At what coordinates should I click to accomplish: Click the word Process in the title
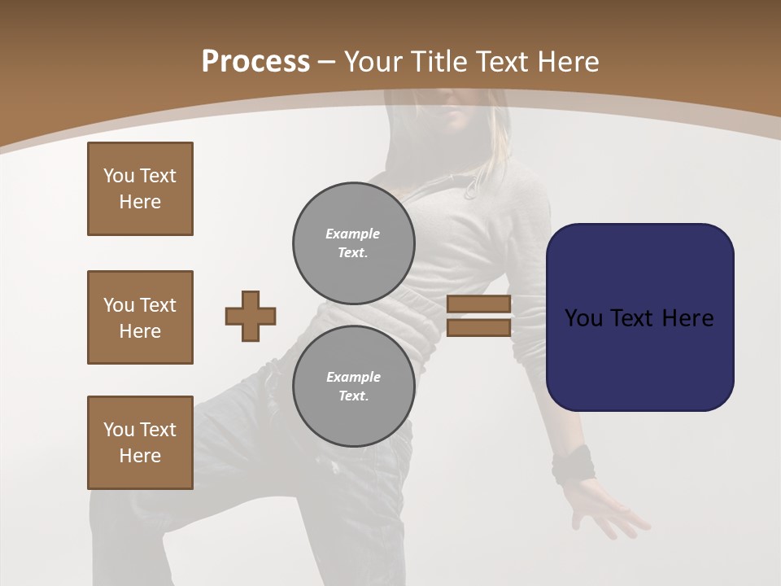click(255, 62)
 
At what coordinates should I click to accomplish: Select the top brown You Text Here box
click(140, 189)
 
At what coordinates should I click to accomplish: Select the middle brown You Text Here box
click(140, 317)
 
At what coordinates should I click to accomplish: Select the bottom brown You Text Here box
click(140, 443)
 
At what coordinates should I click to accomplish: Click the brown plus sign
click(251, 316)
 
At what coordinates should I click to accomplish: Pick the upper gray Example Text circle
click(353, 243)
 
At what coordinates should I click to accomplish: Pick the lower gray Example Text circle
click(353, 387)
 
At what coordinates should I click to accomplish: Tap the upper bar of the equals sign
click(478, 304)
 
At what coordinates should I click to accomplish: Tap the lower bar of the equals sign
click(478, 328)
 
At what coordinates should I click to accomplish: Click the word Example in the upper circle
click(353, 234)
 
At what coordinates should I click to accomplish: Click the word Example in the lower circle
click(353, 377)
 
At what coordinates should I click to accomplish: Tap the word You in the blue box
click(584, 318)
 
